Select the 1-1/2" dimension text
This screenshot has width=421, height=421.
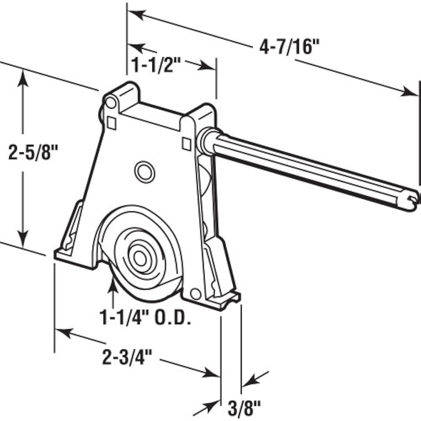point(156,65)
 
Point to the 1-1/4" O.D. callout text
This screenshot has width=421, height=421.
point(145,318)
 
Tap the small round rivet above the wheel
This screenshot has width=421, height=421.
point(144,171)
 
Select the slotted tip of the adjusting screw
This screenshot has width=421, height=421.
point(415,197)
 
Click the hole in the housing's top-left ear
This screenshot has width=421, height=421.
point(111,102)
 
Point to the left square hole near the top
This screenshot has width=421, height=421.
point(112,123)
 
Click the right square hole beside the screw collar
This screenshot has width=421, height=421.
point(186,144)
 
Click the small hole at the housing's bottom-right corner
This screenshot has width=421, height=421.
point(195,293)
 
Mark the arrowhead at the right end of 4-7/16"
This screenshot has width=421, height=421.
point(408,91)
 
